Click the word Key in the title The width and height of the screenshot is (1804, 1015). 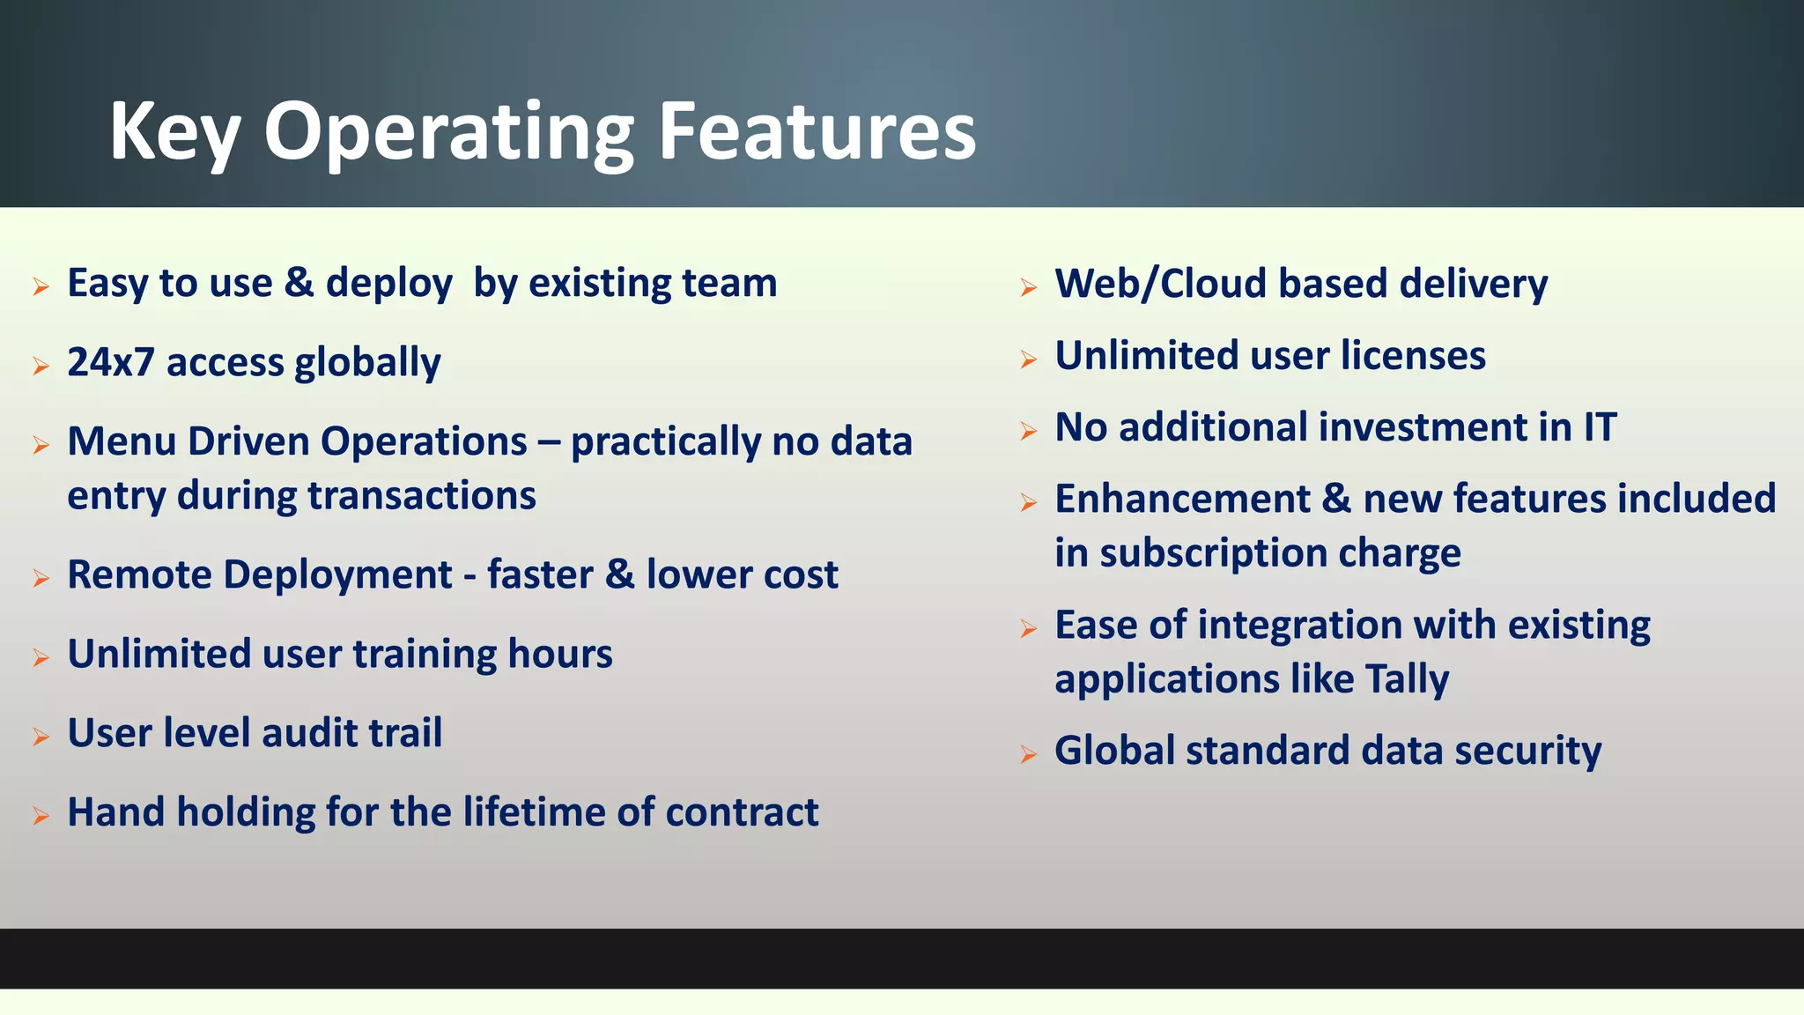(x=174, y=132)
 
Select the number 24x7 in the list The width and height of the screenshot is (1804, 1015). (x=111, y=362)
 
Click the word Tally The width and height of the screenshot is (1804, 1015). (x=1406, y=679)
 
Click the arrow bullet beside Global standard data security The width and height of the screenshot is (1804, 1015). (x=1028, y=754)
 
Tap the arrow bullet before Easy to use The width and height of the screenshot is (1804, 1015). (x=41, y=286)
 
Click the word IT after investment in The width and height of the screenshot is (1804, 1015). (x=1600, y=427)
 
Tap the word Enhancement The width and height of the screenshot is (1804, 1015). (x=1182, y=499)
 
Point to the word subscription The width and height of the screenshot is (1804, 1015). (x=1214, y=554)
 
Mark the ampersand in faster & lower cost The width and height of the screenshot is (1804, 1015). (x=619, y=574)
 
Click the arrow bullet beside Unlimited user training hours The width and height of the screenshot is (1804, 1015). (x=41, y=657)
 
